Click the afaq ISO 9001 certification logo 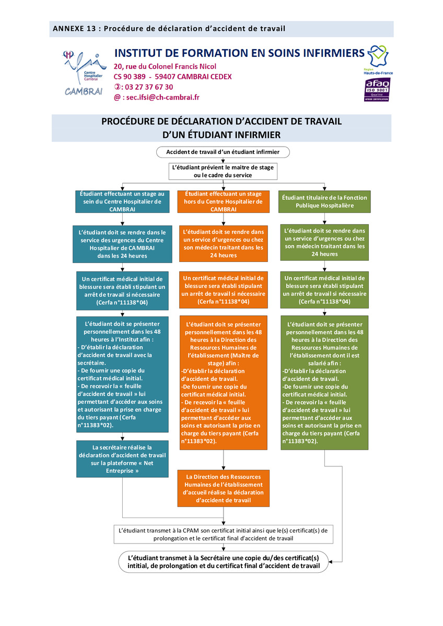click(377, 89)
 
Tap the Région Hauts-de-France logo click(378, 60)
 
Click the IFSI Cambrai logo click(84, 73)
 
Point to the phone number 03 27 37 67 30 click(149, 87)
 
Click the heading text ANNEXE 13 click(74, 29)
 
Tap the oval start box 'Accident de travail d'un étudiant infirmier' click(223, 152)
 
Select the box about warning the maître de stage click(223, 171)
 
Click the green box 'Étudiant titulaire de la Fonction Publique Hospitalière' click(324, 201)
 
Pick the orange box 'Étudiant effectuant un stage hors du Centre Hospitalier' click(223, 201)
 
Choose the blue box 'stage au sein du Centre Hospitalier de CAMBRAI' click(122, 201)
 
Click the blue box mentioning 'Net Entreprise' click(122, 459)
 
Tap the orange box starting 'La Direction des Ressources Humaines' click(223, 488)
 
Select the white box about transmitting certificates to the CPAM click(223, 534)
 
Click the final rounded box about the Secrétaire click(223, 562)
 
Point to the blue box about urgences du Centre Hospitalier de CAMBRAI click(122, 244)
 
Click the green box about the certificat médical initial click(324, 290)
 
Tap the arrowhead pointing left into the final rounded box click(331, 562)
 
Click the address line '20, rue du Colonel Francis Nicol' click(165, 67)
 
